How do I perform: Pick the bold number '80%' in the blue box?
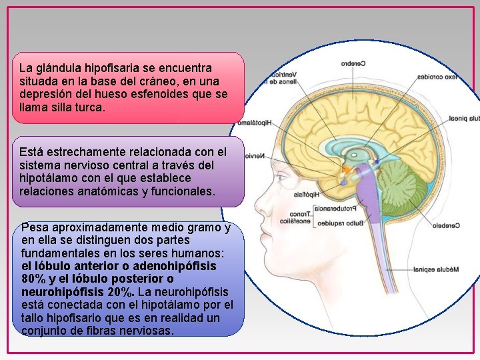point(33,278)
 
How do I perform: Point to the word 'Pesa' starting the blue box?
point(34,227)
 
